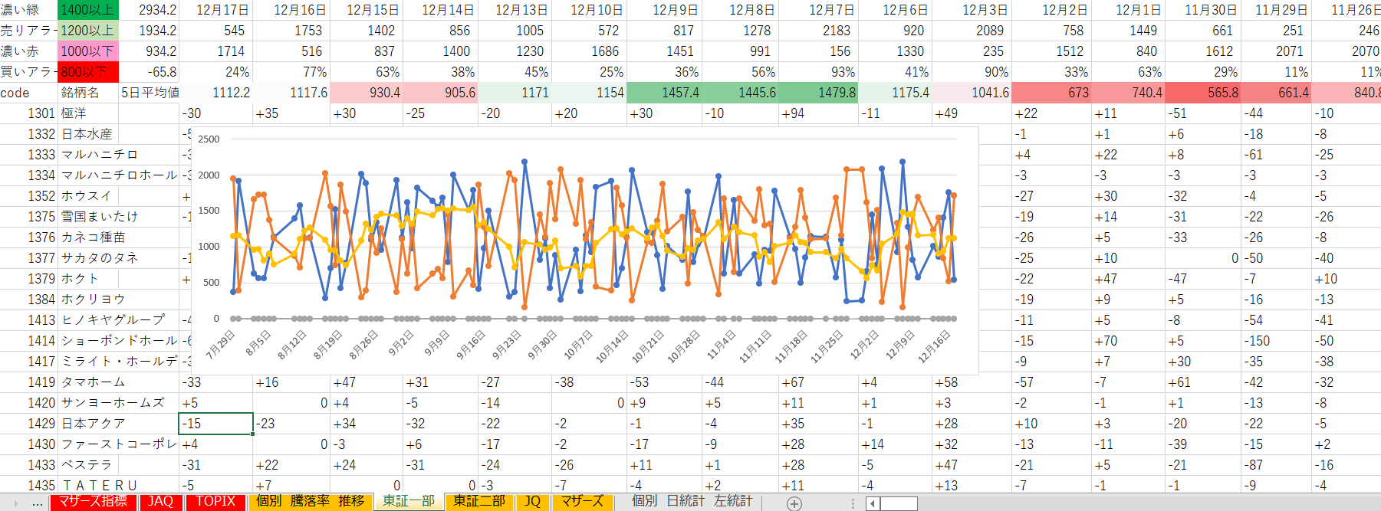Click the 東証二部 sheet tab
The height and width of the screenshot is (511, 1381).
pyautogui.click(x=479, y=501)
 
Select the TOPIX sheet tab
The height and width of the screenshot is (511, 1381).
pyautogui.click(x=215, y=501)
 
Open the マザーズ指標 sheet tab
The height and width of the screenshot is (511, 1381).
pyautogui.click(x=93, y=501)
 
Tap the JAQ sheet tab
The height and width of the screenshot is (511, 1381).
pyautogui.click(x=161, y=501)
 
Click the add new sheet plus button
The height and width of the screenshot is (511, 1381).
pyautogui.click(x=794, y=503)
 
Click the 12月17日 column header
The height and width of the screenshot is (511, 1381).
pyautogui.click(x=222, y=10)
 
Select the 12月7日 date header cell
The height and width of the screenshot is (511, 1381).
pyautogui.click(x=831, y=10)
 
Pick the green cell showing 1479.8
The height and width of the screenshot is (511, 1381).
pyautogui.click(x=837, y=93)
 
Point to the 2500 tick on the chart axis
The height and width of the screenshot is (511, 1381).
pyautogui.click(x=209, y=139)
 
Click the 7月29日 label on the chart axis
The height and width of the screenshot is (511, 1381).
pyautogui.click(x=220, y=346)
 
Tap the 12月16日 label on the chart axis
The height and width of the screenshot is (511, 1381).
pyautogui.click(x=935, y=346)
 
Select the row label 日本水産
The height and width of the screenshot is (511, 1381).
pyautogui.click(x=87, y=134)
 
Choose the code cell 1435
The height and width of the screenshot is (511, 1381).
pyautogui.click(x=41, y=486)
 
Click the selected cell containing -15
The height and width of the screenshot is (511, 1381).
pyautogui.click(x=215, y=424)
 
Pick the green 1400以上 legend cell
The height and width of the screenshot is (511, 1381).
pyautogui.click(x=87, y=10)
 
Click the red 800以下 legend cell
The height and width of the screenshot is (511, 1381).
pyautogui.click(x=87, y=72)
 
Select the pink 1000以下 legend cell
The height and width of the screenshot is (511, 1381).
pyautogui.click(x=87, y=51)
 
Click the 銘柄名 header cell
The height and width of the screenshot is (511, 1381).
pyautogui.click(x=81, y=93)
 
